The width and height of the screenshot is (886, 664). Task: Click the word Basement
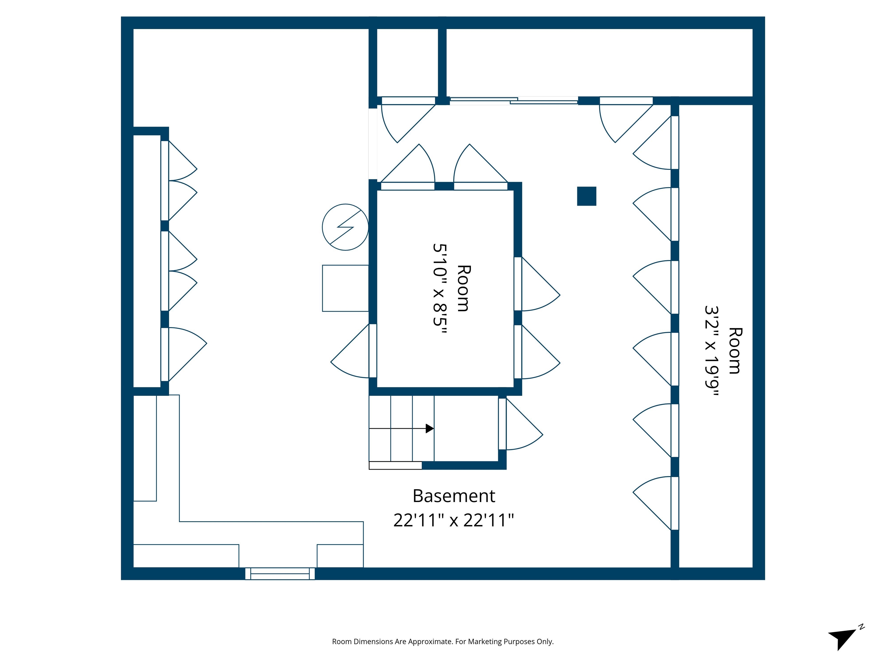(x=453, y=496)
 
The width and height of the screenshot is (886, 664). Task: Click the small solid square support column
(x=586, y=196)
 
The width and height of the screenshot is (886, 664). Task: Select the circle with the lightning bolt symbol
(x=345, y=227)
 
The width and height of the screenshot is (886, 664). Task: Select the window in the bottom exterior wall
(x=280, y=574)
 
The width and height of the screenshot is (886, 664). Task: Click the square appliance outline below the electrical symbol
(x=345, y=288)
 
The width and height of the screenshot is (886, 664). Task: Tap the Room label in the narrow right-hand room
(x=734, y=351)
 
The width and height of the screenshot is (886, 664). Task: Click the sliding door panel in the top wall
(x=514, y=101)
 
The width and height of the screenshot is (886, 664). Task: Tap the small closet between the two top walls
(x=407, y=62)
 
